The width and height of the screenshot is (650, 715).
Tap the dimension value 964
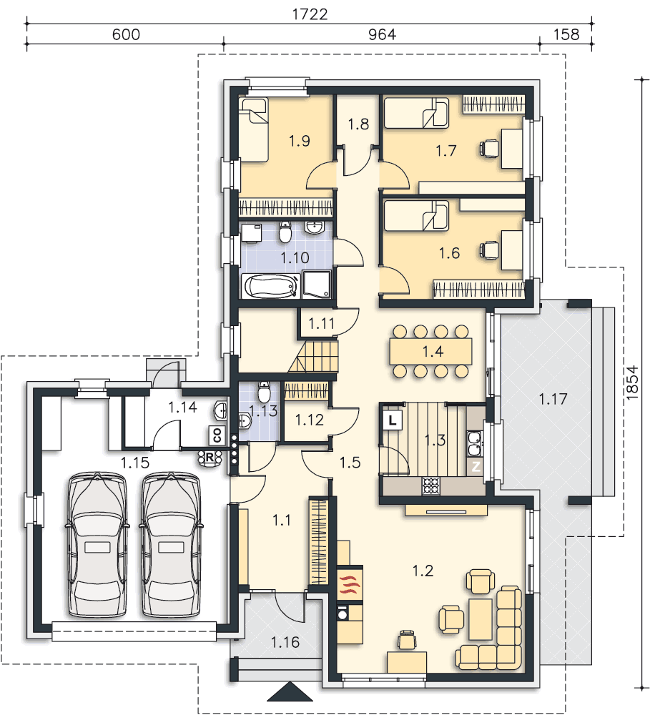(x=382, y=34)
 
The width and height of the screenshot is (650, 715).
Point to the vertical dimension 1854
(x=632, y=383)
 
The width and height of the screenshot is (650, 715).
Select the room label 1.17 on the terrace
(x=553, y=400)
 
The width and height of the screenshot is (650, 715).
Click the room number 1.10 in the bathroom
(x=295, y=257)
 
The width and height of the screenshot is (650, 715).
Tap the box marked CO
(x=217, y=435)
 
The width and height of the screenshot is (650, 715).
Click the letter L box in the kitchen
(x=392, y=420)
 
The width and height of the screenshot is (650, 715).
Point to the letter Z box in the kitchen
(x=476, y=466)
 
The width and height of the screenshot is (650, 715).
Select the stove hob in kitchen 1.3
(x=430, y=485)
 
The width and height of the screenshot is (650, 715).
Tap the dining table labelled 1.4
(x=430, y=351)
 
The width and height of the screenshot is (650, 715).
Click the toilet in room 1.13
(x=264, y=391)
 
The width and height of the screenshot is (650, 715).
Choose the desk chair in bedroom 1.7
(x=489, y=149)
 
